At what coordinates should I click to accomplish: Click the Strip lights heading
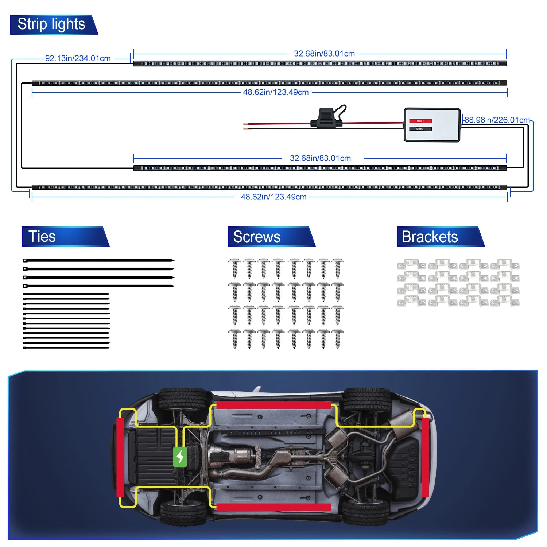pos(51,24)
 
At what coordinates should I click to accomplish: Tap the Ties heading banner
pos(42,236)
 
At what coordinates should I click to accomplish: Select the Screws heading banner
pos(257,237)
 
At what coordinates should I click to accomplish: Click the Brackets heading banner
pos(430,237)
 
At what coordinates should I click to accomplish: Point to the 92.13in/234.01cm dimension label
pos(78,58)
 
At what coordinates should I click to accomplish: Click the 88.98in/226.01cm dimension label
pos(497,120)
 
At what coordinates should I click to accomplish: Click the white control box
pos(432,125)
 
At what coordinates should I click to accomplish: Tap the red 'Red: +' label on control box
pos(420,121)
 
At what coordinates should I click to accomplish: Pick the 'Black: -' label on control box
pos(420,129)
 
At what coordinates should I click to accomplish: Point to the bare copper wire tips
pos(245,126)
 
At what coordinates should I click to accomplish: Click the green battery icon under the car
pos(180,457)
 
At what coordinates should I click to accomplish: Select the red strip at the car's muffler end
pos(425,457)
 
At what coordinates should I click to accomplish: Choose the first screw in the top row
pos(234,268)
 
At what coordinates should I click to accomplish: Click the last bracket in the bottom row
pos(505,301)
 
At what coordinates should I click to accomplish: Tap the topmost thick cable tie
pos(98,260)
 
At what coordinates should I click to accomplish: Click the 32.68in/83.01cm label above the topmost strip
pos(324,54)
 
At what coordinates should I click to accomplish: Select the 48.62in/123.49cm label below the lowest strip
pos(273,197)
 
